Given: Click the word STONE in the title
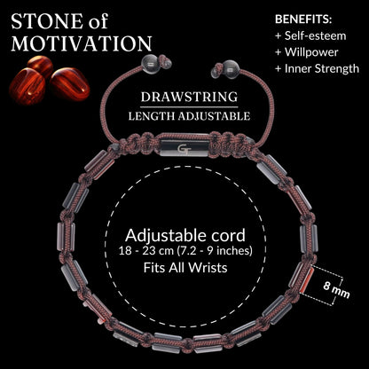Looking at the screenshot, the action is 46,21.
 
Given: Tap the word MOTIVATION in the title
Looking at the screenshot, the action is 82,43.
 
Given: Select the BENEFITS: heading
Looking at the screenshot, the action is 303,20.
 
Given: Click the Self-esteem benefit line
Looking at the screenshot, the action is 310,36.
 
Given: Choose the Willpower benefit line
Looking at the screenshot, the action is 307,52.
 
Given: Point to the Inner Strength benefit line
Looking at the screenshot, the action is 317,69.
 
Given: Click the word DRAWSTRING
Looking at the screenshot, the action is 189,98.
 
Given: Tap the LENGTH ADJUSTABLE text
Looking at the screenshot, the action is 189,116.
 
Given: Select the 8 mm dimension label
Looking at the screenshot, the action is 336,290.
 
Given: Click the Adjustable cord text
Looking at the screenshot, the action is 185,236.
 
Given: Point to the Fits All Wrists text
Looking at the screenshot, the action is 185,268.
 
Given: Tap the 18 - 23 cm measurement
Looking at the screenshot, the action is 145,251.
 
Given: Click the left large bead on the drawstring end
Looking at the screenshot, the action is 151,64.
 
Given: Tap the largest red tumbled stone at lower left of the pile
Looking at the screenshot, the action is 27,86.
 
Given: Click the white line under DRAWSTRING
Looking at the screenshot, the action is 189,107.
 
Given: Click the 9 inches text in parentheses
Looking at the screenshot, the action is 231,251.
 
